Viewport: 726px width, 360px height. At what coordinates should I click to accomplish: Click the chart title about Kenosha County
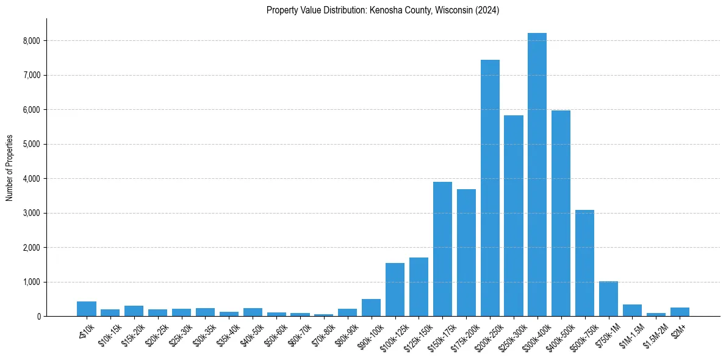tap(383, 10)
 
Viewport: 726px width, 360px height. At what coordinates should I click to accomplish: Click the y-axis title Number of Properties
tap(10, 168)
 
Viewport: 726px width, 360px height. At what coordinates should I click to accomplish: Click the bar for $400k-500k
tap(561, 213)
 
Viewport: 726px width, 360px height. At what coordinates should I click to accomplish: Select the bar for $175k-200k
tap(466, 253)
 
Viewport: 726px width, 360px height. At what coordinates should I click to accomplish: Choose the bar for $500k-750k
tap(584, 263)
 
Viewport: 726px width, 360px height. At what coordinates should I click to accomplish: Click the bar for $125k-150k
tap(419, 287)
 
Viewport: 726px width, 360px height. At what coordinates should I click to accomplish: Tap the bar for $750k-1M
tap(608, 298)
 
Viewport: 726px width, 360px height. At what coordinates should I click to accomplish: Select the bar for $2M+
tap(680, 311)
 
